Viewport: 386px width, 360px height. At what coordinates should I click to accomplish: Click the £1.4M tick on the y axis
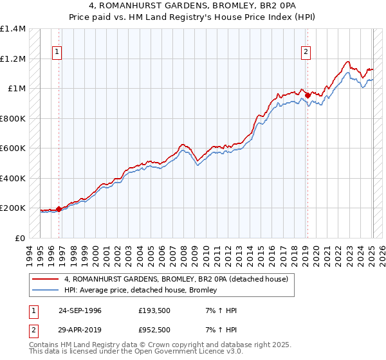pos(13,29)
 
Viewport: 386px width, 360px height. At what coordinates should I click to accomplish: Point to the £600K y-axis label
pos(13,148)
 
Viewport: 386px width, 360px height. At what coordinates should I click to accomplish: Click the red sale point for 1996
pos(59,209)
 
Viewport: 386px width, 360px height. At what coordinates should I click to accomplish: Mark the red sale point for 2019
pos(308,96)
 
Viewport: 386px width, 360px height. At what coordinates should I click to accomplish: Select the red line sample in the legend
pos(45,280)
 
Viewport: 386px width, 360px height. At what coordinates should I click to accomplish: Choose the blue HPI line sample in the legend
pos(45,290)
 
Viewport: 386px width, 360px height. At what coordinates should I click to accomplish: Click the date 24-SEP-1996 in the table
pos(80,310)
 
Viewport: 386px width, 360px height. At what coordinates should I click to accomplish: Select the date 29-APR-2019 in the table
pos(80,329)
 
